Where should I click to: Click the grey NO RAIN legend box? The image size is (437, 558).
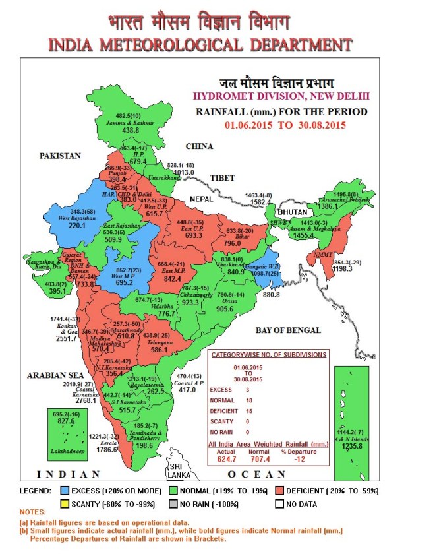173,504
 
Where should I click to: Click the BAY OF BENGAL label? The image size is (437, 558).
289,330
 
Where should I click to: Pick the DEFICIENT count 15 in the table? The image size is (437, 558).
258,411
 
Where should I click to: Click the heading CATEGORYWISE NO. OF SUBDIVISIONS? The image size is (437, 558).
268,354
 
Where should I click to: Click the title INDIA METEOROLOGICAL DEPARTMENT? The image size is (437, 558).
199,45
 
